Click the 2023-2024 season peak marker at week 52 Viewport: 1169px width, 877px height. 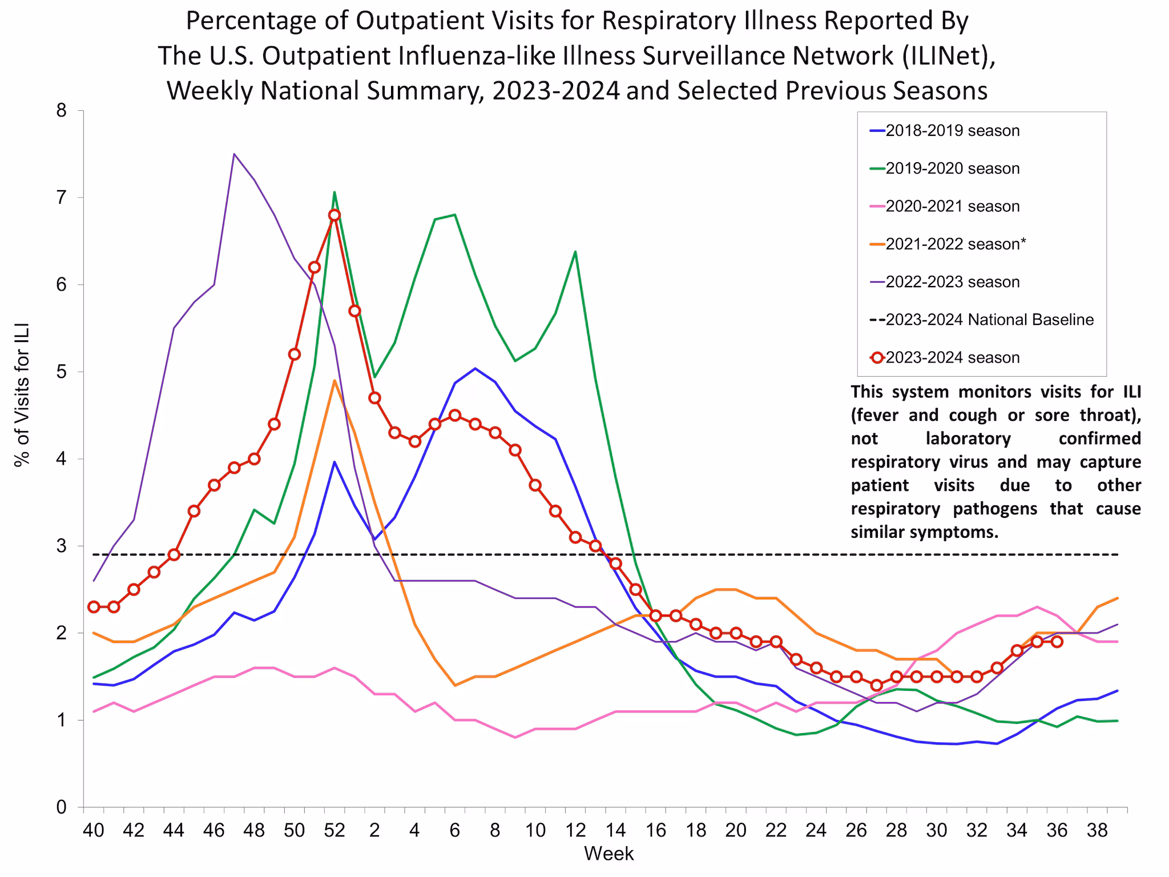pyautogui.click(x=334, y=215)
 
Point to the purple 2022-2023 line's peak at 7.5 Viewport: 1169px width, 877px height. pyautogui.click(x=234, y=154)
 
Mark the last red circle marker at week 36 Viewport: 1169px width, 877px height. pyautogui.click(x=1057, y=642)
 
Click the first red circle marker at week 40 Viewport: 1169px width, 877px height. pyautogui.click(x=94, y=607)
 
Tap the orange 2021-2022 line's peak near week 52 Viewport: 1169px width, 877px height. pyautogui.click(x=334, y=381)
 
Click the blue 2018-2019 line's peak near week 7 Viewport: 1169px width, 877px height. pyautogui.click(x=475, y=368)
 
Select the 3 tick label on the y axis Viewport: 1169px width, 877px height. pyautogui.click(x=62, y=546)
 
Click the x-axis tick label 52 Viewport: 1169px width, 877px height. pyautogui.click(x=334, y=830)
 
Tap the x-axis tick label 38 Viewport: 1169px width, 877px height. pyautogui.click(x=1097, y=830)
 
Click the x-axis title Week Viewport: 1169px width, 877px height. pyautogui.click(x=608, y=854)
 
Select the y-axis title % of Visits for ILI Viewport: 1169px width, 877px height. pyautogui.click(x=22, y=395)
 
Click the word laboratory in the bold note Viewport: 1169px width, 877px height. pyautogui.click(x=968, y=438)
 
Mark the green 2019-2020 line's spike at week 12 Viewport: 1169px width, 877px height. pyautogui.click(x=575, y=251)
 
